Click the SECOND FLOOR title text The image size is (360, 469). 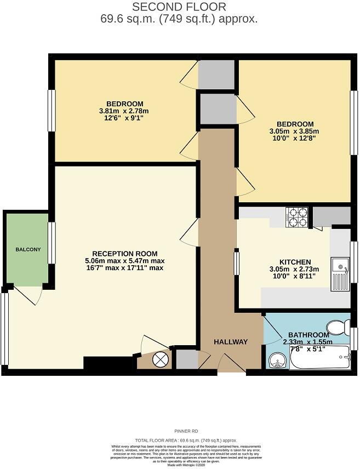(179, 7)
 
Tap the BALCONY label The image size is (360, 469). (28, 249)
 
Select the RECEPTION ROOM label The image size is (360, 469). (125, 254)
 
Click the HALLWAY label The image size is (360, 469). (231, 342)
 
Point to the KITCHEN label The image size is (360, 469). (295, 262)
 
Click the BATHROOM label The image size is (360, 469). (308, 335)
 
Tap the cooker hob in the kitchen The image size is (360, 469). (297, 217)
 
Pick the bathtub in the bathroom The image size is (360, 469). (319, 359)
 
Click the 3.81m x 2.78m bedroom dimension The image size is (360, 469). (125, 111)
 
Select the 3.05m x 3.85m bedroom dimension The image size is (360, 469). (295, 131)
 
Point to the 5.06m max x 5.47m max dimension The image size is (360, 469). (125, 261)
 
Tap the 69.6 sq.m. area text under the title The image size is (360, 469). (179, 19)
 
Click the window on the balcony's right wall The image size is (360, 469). (52, 243)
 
